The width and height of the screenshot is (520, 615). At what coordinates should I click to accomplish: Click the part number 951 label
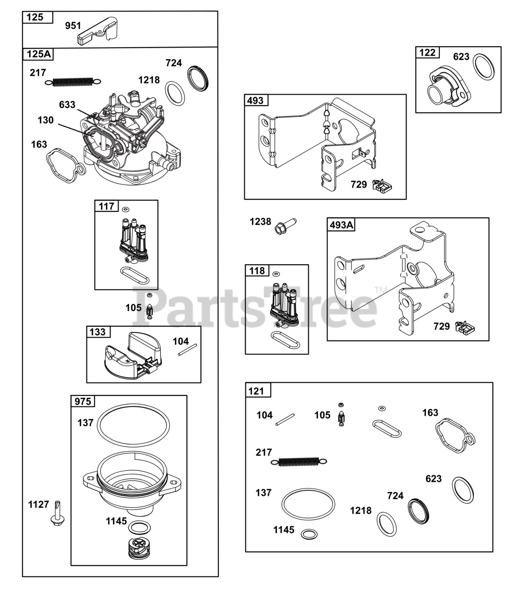73,25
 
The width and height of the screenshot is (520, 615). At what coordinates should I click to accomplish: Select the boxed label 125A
38,54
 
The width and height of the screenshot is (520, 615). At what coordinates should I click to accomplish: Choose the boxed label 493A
341,224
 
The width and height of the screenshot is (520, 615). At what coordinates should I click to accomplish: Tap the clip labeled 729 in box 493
383,186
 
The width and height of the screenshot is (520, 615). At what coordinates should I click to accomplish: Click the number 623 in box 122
461,57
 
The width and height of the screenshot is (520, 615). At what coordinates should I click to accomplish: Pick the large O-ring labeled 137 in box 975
133,424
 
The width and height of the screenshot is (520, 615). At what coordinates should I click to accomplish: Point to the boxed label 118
257,271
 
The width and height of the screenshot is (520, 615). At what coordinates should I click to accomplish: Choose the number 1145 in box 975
116,521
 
